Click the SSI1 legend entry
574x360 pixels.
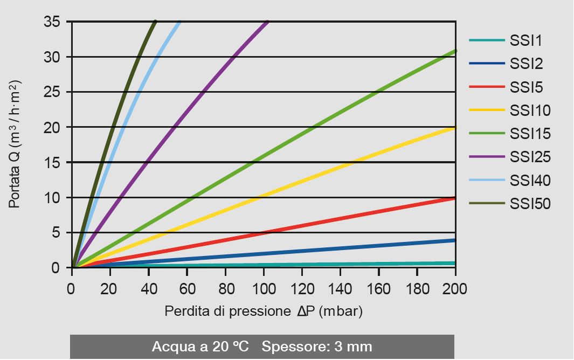(x=526, y=41)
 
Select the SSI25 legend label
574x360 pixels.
(x=530, y=157)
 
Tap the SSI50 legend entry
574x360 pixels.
(x=530, y=204)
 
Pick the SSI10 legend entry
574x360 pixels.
(x=530, y=110)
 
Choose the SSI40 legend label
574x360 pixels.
(x=530, y=181)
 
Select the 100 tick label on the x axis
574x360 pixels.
(x=264, y=289)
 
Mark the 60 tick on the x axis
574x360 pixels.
(x=187, y=289)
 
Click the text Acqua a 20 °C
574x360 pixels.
(x=202, y=346)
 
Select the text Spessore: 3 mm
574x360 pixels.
(x=317, y=346)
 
